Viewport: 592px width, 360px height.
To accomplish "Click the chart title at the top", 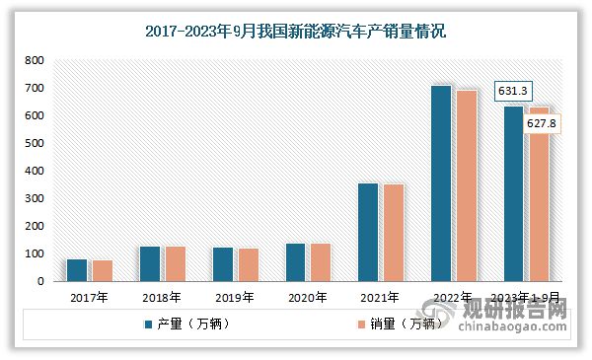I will pos(296,32).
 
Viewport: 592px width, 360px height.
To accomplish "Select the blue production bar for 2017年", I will pos(77,270).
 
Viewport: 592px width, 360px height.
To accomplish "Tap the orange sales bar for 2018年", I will pos(175,263).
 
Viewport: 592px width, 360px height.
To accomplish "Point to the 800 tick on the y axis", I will pos(35,60).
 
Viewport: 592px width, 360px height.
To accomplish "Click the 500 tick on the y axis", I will pos(35,143).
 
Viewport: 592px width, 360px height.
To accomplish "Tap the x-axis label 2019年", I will pos(234,297).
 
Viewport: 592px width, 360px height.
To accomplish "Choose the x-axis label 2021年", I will pos(380,297).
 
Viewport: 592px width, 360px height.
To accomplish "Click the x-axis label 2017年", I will pos(89,297).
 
